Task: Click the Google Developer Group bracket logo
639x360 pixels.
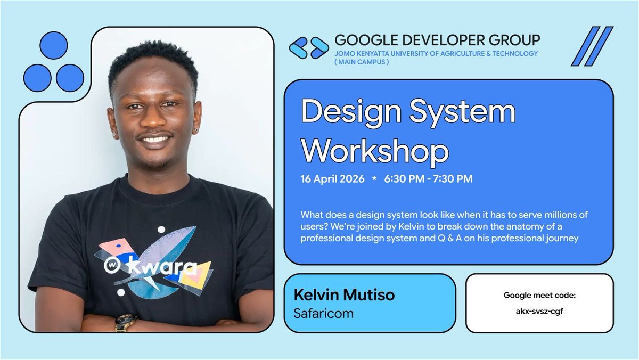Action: click(x=309, y=47)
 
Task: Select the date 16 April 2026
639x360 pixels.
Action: click(x=332, y=179)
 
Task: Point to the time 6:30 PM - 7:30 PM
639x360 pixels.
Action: click(x=428, y=179)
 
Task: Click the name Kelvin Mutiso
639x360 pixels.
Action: click(x=344, y=295)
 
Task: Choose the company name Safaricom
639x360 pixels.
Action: click(x=323, y=313)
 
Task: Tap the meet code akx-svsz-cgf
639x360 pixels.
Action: click(x=539, y=312)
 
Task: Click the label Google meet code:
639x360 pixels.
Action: click(x=539, y=295)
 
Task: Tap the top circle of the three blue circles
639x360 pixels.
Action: click(x=54, y=45)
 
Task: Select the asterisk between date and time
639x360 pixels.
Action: click(x=374, y=179)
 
